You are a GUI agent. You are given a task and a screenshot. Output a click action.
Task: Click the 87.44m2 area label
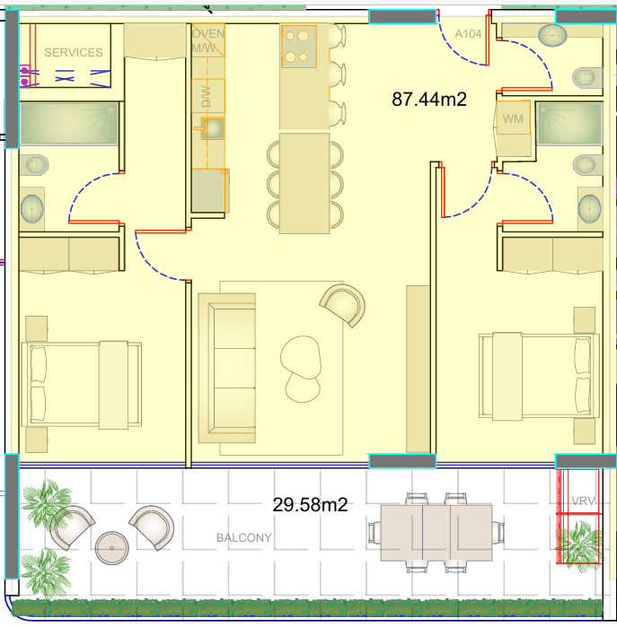click(x=429, y=100)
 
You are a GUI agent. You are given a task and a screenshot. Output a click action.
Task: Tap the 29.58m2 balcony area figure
click(x=310, y=505)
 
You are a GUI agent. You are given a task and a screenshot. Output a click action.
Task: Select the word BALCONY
click(x=244, y=538)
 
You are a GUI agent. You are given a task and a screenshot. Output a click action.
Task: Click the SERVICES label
click(x=74, y=52)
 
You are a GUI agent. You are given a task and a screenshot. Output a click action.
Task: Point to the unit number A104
click(x=468, y=34)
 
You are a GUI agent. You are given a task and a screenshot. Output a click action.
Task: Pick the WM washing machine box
click(x=514, y=118)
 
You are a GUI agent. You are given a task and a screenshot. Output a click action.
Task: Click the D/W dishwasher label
click(x=206, y=96)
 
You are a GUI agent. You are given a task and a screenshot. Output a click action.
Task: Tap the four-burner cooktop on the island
click(x=299, y=47)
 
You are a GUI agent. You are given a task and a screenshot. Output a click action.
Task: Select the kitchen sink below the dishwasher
click(x=212, y=128)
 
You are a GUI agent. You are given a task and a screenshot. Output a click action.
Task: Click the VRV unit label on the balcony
click(x=583, y=501)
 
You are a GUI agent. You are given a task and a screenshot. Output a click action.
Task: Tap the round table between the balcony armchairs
click(x=111, y=548)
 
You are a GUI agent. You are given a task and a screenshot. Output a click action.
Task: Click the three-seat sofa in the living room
click(x=227, y=369)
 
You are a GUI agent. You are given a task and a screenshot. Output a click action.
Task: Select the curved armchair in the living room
click(x=343, y=305)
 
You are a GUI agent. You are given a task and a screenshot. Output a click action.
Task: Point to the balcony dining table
click(x=436, y=533)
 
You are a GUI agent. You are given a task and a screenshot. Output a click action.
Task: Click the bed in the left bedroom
click(x=82, y=385)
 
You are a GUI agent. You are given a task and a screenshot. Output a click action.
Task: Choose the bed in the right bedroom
click(x=540, y=376)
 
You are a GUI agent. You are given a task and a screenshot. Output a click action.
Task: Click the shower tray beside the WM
click(x=569, y=123)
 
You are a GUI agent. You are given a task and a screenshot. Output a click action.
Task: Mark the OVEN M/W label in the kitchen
click(x=207, y=40)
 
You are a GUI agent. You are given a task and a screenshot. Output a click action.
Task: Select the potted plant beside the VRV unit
click(x=580, y=544)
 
